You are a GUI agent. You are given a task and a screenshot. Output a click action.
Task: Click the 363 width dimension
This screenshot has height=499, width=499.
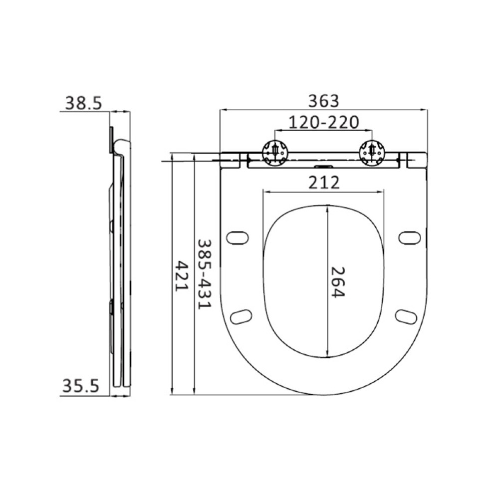(x=324, y=101)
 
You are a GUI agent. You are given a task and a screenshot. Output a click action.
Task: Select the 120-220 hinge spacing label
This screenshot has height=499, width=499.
(x=324, y=122)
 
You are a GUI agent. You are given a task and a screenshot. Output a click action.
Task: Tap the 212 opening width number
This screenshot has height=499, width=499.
(x=324, y=183)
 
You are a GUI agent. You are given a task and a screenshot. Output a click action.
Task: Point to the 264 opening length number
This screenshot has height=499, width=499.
(x=338, y=282)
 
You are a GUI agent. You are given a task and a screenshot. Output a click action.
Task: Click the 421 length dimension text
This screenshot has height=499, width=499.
(x=182, y=275)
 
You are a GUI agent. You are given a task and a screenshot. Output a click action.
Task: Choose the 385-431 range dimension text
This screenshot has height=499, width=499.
(x=204, y=274)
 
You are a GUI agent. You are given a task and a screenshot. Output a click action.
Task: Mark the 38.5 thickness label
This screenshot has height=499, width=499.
(x=83, y=103)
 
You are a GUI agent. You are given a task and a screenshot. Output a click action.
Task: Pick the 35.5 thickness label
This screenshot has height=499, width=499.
(x=80, y=386)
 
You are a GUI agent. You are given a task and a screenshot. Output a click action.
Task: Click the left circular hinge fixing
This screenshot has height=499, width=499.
(x=275, y=152)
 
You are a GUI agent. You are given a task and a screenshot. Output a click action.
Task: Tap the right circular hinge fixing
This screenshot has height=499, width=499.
(x=372, y=152)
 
